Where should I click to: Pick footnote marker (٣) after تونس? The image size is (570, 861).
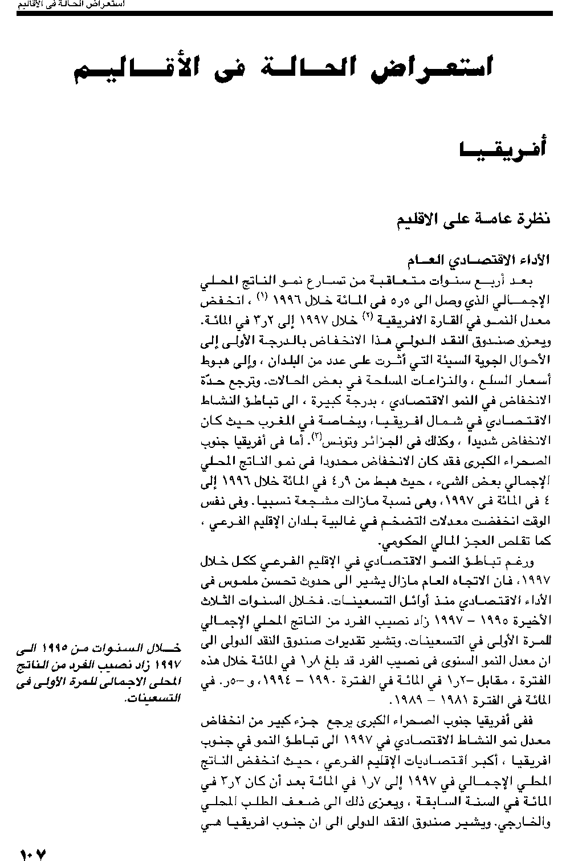pos(318,436)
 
